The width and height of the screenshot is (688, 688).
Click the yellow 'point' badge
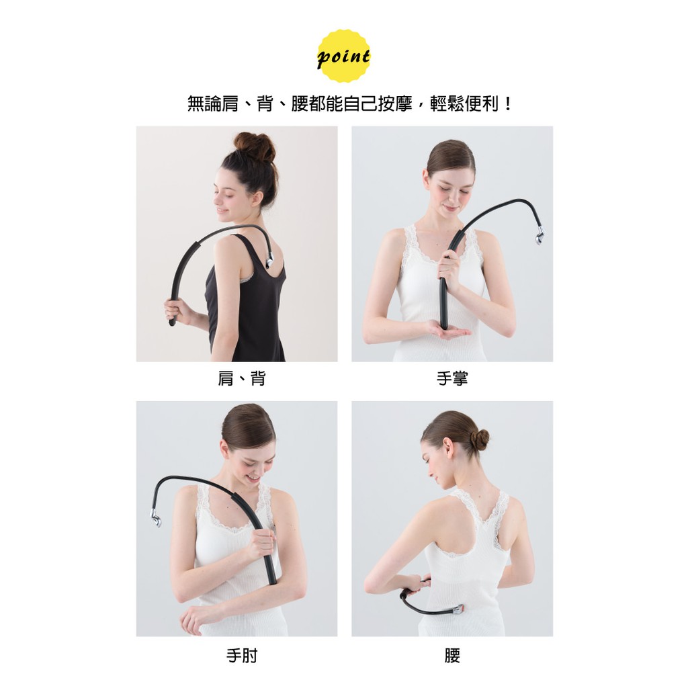pos(343,56)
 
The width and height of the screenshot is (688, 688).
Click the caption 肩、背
pos(242,378)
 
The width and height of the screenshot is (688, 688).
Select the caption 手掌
pos(452,378)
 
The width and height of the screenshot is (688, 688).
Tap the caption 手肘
pos(242,656)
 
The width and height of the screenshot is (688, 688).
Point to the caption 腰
pos(452,656)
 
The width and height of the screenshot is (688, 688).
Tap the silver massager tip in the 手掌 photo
pos(539,236)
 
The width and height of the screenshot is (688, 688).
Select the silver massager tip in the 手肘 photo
pos(156,518)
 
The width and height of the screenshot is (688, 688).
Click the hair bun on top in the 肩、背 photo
pos(255,146)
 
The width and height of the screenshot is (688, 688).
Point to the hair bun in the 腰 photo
pos(479,439)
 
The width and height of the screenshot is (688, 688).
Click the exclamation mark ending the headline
pos(508,104)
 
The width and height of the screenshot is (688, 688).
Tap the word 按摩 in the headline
pos(394,104)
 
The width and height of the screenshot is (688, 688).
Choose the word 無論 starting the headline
pos(204,104)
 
